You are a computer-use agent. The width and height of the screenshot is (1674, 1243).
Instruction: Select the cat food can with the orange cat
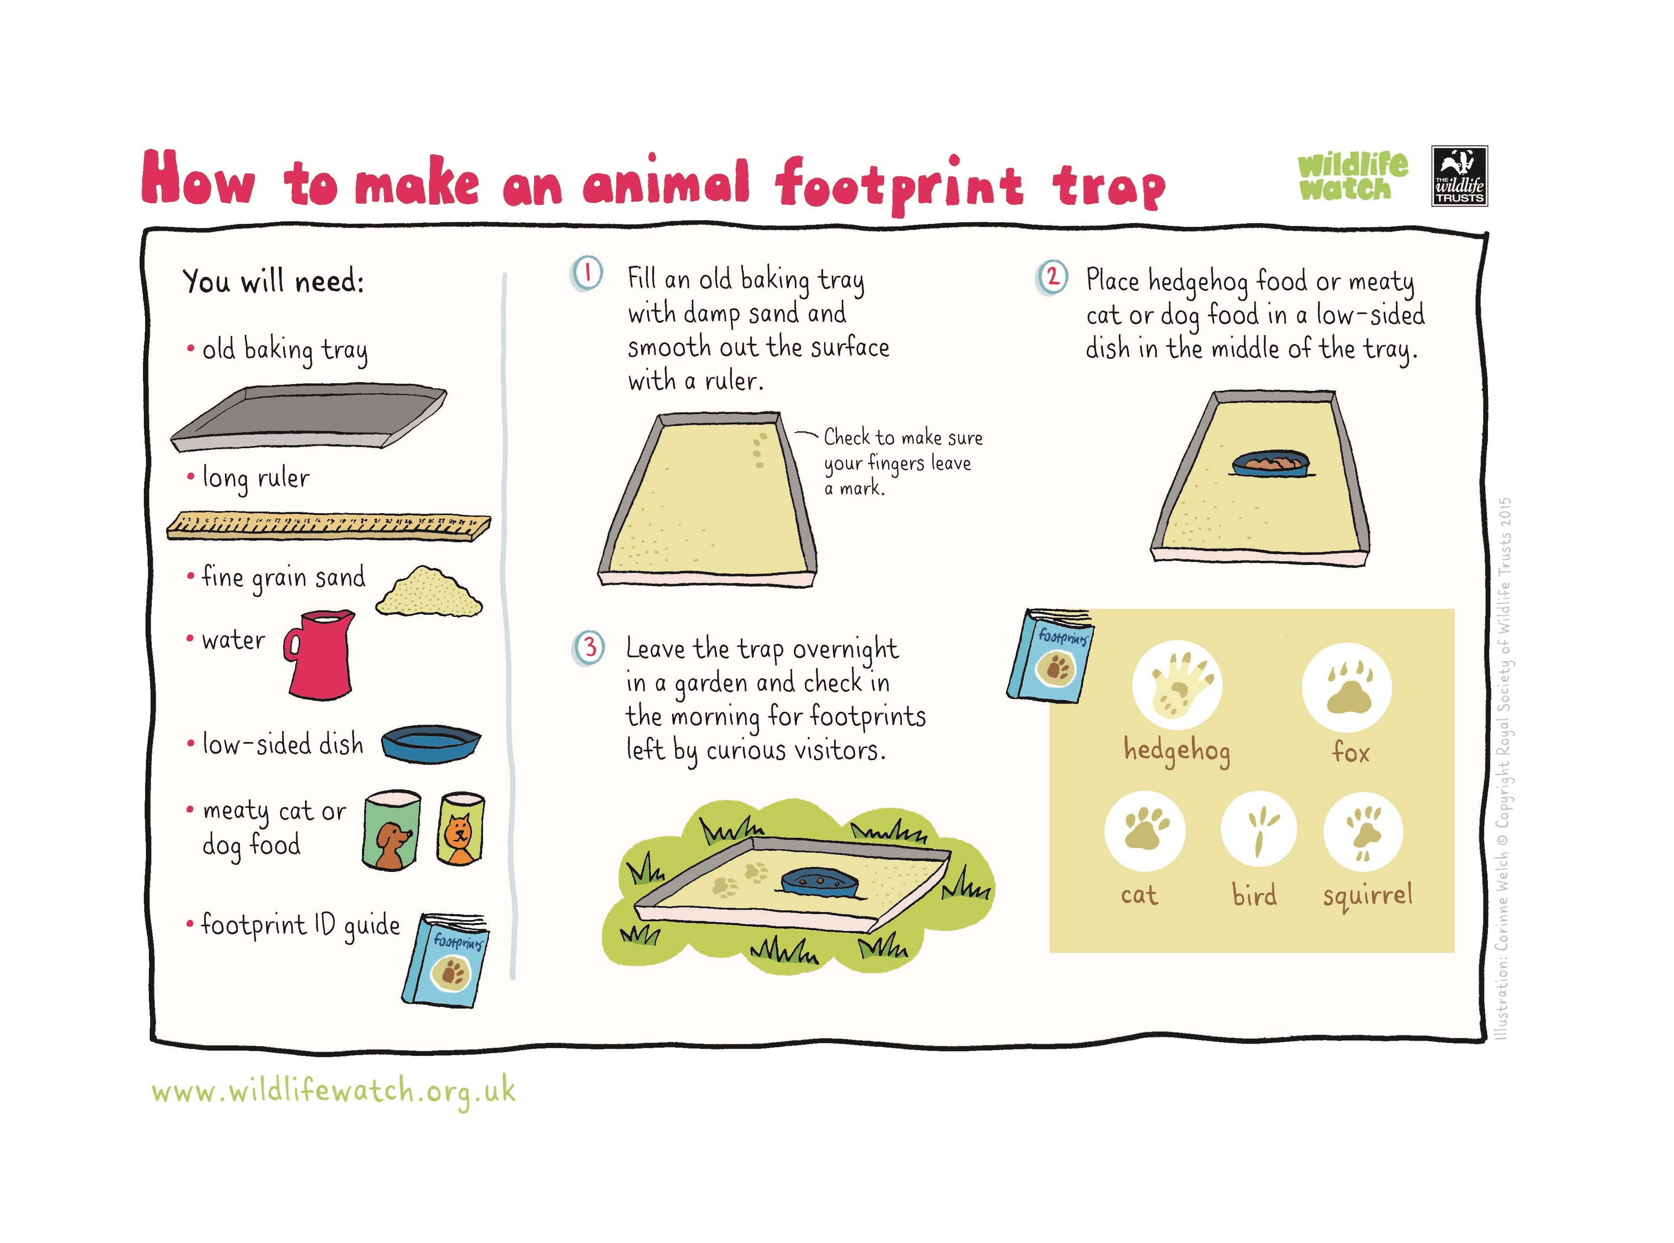[x=461, y=829]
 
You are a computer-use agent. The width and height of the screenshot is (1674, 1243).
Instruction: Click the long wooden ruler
[x=329, y=526]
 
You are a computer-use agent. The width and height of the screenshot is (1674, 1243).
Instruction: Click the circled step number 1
[x=587, y=274]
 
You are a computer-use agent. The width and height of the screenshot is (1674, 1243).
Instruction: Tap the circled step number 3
[x=589, y=647]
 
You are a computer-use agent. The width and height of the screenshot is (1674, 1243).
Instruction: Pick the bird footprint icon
[x=1258, y=830]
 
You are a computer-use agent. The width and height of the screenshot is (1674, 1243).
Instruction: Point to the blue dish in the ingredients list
[x=431, y=743]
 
